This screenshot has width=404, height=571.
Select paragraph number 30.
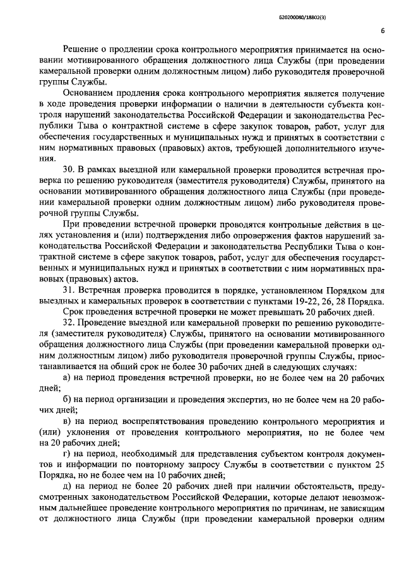(71, 170)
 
